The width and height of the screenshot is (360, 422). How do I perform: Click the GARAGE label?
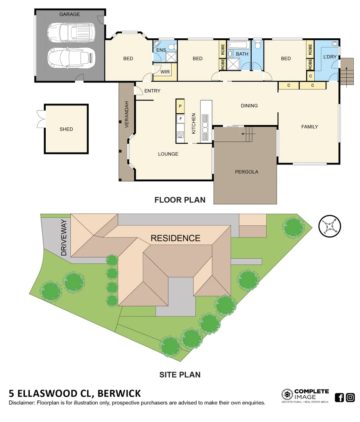(70, 14)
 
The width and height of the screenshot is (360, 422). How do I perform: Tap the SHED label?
(66, 129)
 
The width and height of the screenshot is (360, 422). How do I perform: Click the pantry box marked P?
(180, 106)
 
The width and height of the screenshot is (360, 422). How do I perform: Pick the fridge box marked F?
(180, 118)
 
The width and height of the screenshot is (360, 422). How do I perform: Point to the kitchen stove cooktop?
(180, 135)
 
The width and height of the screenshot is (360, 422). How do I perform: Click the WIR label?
(165, 72)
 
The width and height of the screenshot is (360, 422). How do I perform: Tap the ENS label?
(161, 50)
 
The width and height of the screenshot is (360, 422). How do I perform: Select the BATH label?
(242, 54)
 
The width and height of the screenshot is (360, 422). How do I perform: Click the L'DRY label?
(330, 57)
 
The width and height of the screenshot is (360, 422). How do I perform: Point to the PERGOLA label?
(246, 172)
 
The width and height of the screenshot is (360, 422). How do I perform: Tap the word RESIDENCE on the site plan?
(176, 238)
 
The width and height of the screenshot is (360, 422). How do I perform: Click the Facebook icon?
(340, 397)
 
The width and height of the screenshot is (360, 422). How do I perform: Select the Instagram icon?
(350, 397)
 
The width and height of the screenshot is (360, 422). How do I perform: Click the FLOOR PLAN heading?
(180, 200)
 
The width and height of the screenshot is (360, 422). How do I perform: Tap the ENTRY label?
(152, 91)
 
